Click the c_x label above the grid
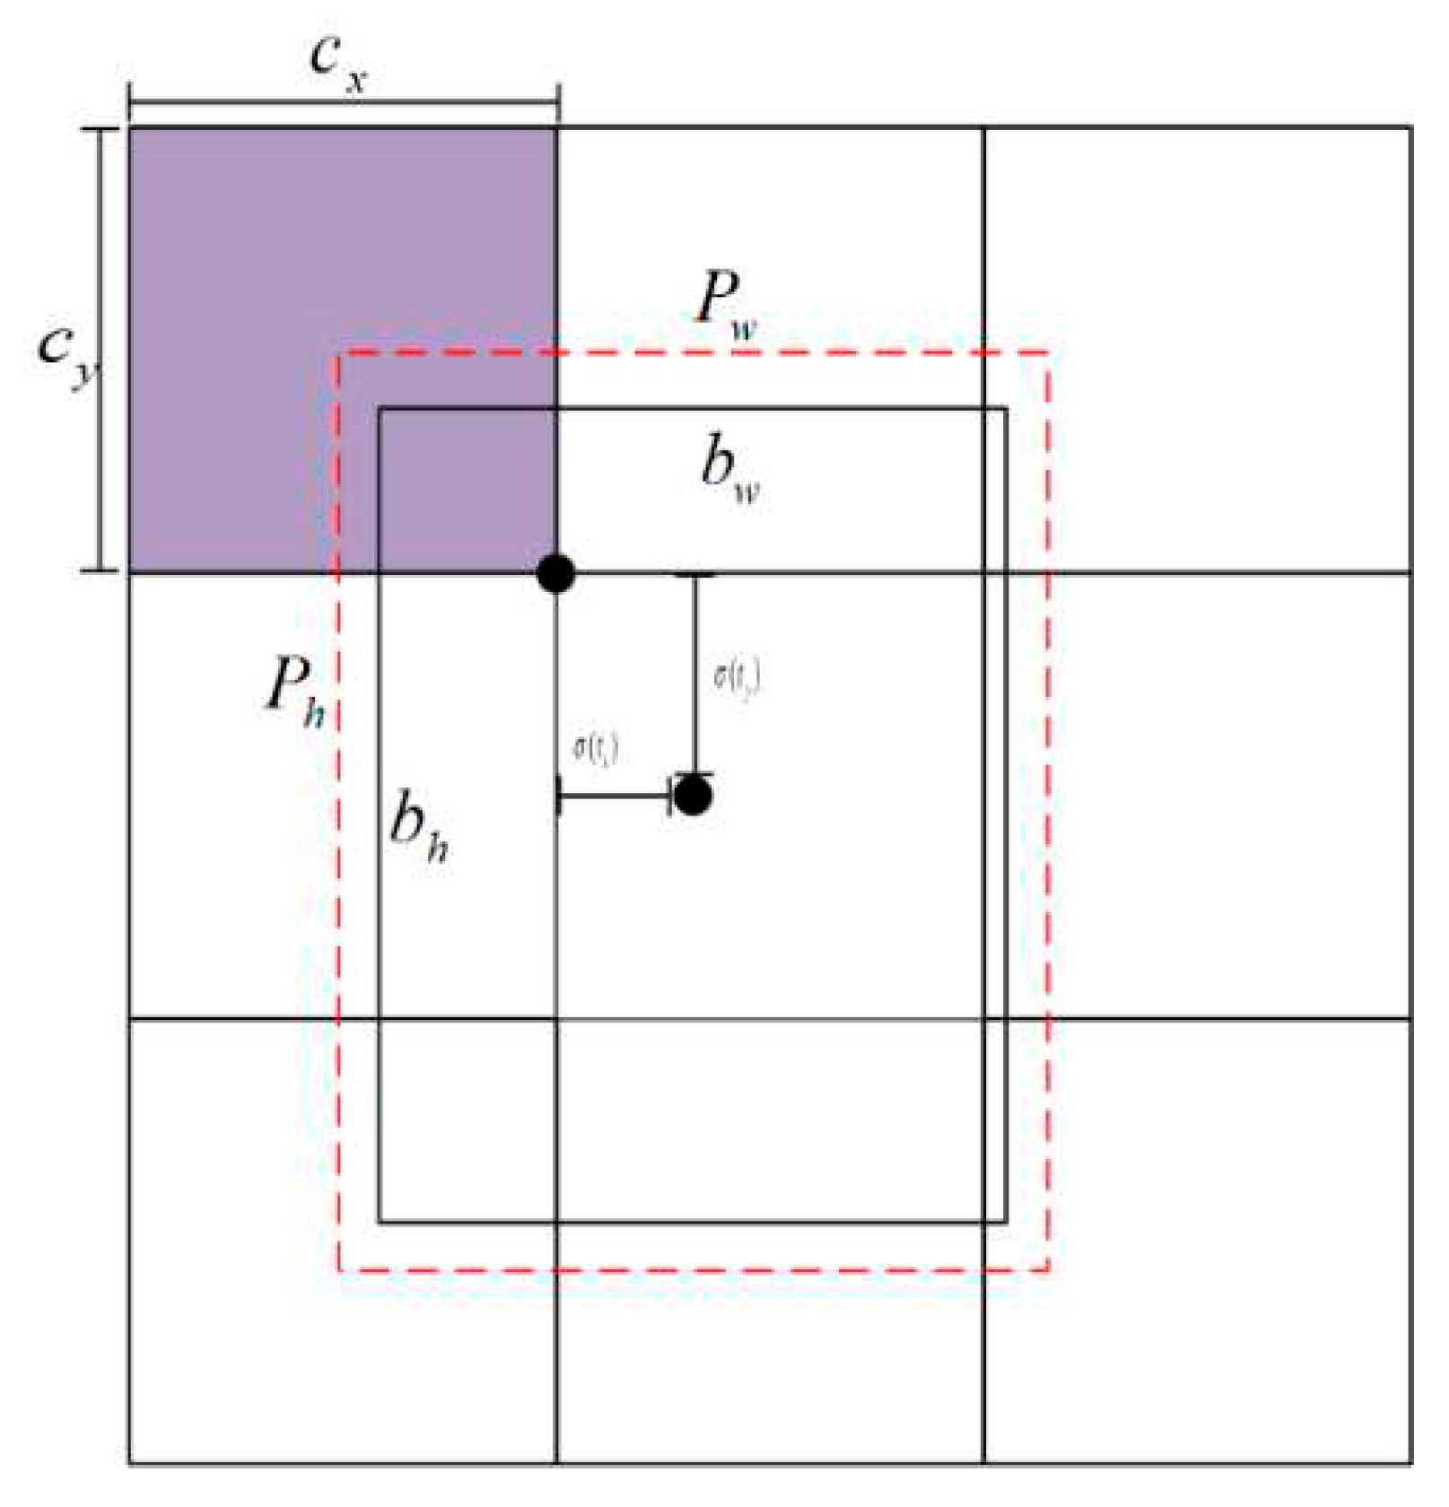tap(337, 63)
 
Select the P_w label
tap(727, 305)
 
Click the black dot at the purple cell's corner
tap(556, 573)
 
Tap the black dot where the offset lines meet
tap(693, 796)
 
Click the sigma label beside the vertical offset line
tap(737, 678)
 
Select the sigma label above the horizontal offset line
tap(596, 750)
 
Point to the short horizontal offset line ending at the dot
tap(615, 796)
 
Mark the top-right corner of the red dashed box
tap(1049, 353)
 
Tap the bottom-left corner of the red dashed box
tap(339, 1270)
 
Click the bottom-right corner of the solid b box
tap(1006, 1222)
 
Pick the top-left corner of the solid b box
tap(380, 410)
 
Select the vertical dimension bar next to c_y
tap(100, 350)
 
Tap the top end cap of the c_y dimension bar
tap(100, 129)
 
